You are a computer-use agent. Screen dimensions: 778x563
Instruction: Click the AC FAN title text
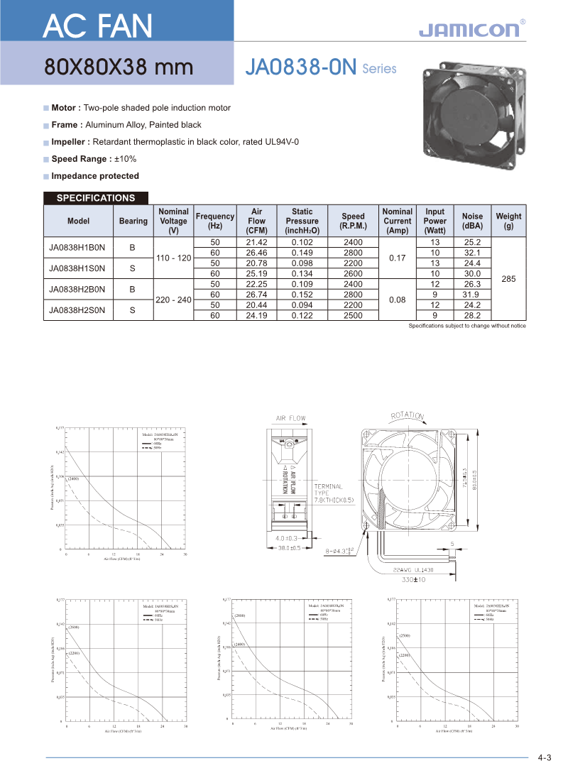point(97,26)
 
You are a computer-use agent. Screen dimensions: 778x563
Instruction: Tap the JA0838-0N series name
point(300,67)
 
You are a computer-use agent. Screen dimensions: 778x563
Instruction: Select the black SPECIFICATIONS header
point(96,198)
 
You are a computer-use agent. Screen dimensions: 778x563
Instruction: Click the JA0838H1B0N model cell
point(77,248)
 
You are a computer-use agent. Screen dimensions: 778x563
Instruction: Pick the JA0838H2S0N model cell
point(77,309)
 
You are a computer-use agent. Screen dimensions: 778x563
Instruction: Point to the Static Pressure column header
point(302,221)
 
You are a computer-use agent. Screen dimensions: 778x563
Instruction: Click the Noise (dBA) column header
point(472,221)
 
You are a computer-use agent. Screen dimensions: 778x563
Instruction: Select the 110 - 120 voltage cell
point(174,258)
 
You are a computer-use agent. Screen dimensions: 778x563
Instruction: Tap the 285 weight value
point(508,279)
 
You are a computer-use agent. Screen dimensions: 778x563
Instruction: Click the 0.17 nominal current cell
point(398,258)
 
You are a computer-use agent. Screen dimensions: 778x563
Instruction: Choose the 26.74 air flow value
point(256,295)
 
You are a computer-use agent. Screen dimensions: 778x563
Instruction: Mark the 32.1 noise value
point(472,253)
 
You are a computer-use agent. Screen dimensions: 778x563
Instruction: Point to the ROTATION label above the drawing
point(408,416)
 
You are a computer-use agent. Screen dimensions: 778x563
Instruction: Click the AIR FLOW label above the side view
point(291,418)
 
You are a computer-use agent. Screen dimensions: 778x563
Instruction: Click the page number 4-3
point(545,757)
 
